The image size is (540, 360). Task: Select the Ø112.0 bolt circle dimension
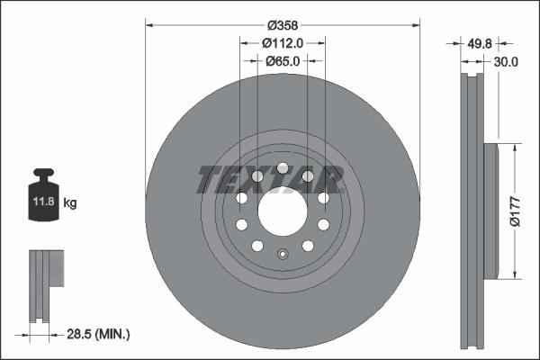(282, 42)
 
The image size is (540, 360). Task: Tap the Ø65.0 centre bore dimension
(282, 61)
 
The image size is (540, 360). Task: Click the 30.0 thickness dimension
(506, 61)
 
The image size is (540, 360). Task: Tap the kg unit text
(70, 203)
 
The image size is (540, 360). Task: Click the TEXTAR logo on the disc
(270, 179)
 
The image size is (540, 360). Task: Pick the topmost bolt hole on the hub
(282, 168)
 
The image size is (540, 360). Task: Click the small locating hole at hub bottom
(282, 253)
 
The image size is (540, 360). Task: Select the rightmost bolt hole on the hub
(322, 198)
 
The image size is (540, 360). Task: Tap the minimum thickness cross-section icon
(44, 284)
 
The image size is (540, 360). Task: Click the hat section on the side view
(490, 211)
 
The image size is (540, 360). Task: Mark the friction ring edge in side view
(472, 211)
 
